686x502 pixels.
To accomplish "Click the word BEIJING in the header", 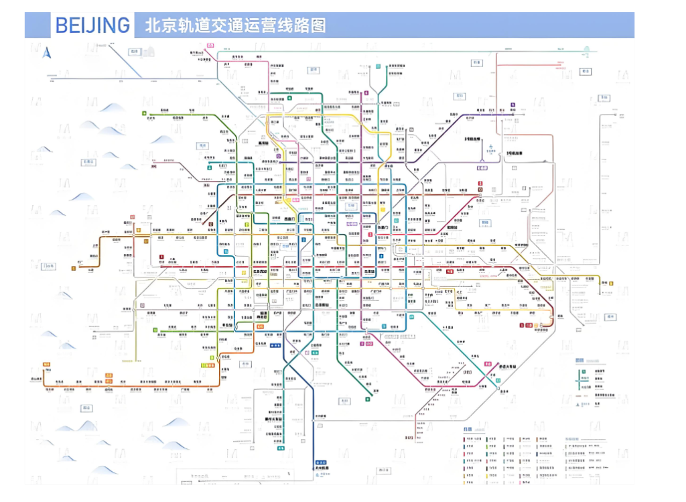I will (x=92, y=25).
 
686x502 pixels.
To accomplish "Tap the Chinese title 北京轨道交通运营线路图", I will (x=235, y=25).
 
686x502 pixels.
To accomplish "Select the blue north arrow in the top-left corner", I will (x=48, y=54).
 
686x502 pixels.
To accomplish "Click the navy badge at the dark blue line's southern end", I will (x=321, y=463).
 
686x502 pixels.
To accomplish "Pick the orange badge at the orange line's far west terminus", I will (x=47, y=365).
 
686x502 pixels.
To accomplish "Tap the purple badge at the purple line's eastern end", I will (x=512, y=105).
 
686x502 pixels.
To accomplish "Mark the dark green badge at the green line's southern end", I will (x=368, y=399).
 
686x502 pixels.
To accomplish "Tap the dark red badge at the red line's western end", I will (x=161, y=257).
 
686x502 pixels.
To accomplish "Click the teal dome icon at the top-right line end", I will (x=586, y=49).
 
